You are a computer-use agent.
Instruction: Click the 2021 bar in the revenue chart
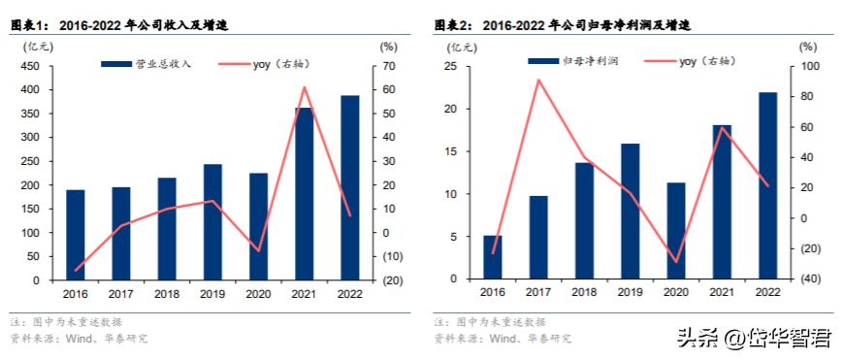tap(304, 194)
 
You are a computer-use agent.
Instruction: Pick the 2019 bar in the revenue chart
tap(212, 222)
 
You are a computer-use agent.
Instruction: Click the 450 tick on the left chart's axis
tap(30, 66)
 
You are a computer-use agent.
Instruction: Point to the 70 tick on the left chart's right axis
tap(385, 66)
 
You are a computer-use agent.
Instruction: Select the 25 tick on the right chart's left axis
tap(450, 66)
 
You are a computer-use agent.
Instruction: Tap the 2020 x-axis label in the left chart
tap(258, 292)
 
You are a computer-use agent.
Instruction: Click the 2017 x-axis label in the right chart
tap(538, 292)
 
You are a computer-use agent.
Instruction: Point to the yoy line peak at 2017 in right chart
tap(538, 80)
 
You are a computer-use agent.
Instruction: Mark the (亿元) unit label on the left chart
tap(29, 46)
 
